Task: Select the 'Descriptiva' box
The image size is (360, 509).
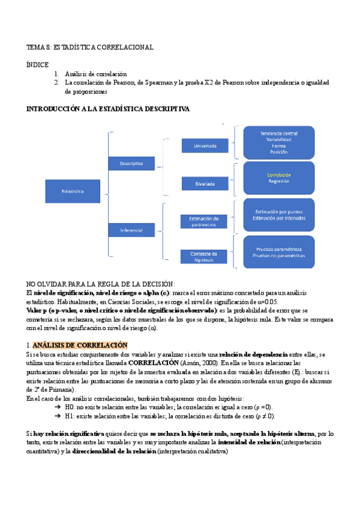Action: [x=131, y=163]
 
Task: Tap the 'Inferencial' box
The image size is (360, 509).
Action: [x=131, y=230]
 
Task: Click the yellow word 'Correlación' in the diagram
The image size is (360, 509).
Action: [x=278, y=175]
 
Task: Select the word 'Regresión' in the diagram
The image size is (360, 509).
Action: [x=278, y=181]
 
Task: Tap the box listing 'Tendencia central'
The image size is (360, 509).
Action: [x=278, y=142]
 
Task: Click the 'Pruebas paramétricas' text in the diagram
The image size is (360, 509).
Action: [x=278, y=249]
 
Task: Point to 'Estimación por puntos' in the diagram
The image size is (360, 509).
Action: [x=278, y=211]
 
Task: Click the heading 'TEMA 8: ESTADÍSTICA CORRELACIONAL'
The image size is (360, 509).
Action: [x=90, y=47]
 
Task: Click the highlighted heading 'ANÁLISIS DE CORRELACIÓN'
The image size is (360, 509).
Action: [x=80, y=345]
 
